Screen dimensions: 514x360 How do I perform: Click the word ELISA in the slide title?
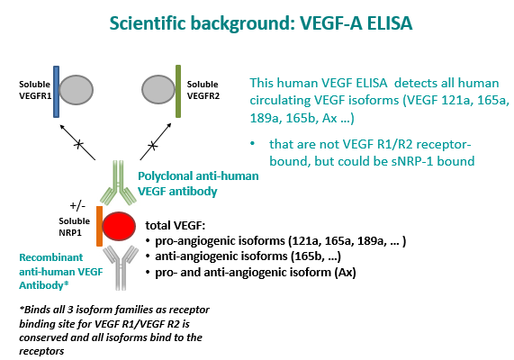390,23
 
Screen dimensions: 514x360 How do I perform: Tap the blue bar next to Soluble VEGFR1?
56,92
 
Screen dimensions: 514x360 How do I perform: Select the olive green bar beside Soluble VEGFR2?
178,91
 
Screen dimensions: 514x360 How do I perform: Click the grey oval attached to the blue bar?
76,90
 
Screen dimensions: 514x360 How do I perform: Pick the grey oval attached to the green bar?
158,89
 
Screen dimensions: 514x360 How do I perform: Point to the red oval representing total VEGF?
119,226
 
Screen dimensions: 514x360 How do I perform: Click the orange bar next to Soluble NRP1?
99,226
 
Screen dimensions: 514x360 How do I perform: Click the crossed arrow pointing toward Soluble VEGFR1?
77,142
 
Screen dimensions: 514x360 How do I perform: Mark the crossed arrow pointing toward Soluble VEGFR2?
156,141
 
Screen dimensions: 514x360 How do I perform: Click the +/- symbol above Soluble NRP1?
77,205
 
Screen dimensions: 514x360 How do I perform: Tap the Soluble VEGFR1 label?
35,90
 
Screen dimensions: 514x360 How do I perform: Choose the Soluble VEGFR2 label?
203,90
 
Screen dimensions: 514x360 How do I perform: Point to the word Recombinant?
50,257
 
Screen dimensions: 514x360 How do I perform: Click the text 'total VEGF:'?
175,226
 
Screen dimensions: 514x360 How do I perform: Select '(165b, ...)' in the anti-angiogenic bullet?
316,256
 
